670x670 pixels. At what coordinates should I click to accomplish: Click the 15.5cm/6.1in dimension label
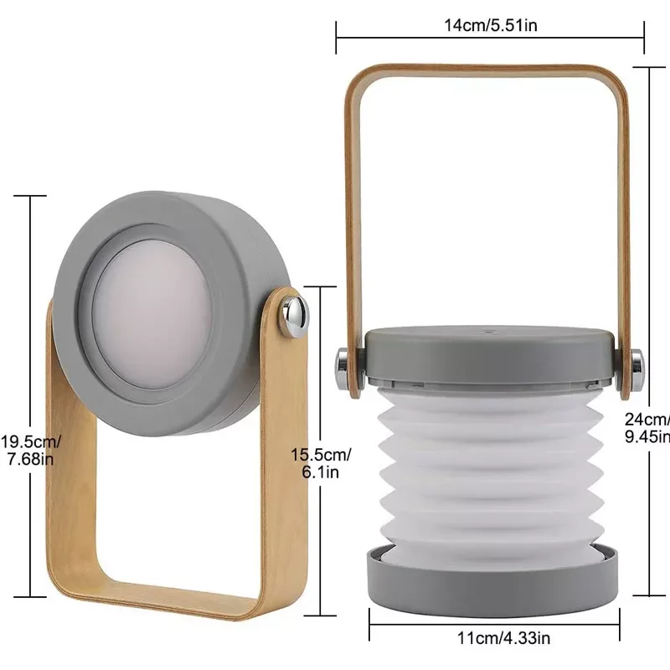coord(322,462)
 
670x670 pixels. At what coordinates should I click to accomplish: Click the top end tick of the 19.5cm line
coord(32,197)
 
